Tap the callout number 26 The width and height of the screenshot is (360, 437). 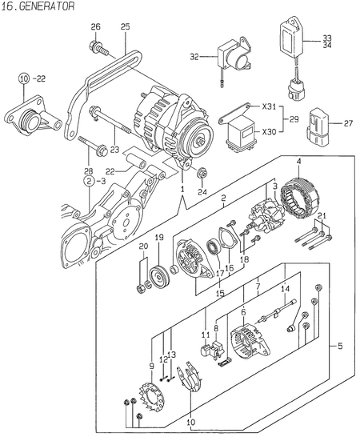click(96, 28)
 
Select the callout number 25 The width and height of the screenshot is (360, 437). click(125, 28)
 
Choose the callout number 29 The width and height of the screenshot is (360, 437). click(295, 118)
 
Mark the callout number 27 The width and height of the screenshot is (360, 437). click(347, 124)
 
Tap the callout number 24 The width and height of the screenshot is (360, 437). click(203, 192)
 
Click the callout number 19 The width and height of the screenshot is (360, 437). click(159, 238)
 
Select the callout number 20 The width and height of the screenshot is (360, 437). click(143, 247)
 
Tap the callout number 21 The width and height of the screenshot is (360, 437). click(322, 217)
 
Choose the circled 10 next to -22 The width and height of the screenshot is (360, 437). click(24, 78)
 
